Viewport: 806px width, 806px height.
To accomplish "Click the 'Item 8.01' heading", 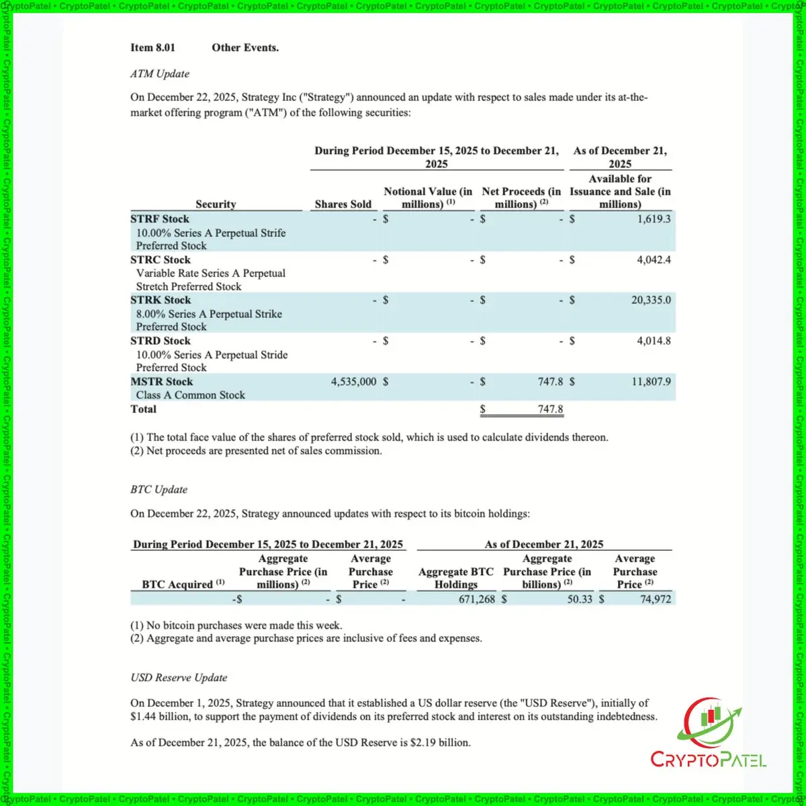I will [x=152, y=48].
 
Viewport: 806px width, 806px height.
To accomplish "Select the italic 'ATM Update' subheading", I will [x=160, y=74].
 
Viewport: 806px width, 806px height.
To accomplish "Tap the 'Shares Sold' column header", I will [x=343, y=204].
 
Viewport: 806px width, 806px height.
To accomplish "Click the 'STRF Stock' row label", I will [x=160, y=219].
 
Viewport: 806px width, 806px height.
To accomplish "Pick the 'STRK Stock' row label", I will [x=161, y=300].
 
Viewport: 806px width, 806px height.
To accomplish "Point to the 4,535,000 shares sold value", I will [x=353, y=382].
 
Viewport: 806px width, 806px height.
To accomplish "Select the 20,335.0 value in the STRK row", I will [x=650, y=300].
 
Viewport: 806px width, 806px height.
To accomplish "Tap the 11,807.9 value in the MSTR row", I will [x=650, y=382].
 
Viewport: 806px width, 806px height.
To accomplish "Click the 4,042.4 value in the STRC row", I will [x=654, y=260].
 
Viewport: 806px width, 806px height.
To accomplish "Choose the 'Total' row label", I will [x=143, y=409].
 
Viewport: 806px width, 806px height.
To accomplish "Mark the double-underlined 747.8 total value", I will [x=550, y=409].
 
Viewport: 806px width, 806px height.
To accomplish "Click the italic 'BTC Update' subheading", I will [x=159, y=490].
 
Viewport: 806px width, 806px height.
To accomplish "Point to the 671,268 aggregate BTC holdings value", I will [x=476, y=598].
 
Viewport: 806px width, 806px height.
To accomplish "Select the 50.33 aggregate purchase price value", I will [x=580, y=598].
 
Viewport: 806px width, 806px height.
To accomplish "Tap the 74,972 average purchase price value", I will [x=655, y=598].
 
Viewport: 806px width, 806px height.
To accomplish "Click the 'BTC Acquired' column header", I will [x=179, y=584].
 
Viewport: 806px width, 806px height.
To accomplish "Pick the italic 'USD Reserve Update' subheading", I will [x=179, y=678].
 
